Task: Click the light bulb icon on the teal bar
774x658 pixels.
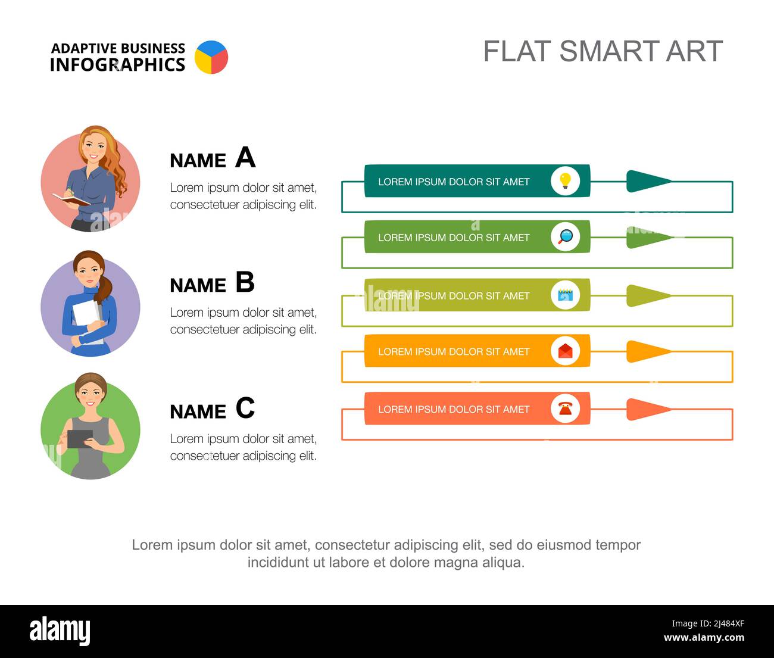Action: [565, 180]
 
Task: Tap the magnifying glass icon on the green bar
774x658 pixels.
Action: [565, 236]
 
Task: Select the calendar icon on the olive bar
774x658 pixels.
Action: [565, 295]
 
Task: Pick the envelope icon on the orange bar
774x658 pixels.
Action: [565, 351]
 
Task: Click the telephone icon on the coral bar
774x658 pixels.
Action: [565, 408]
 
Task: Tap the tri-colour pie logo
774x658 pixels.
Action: [211, 57]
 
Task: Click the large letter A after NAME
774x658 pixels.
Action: [245, 158]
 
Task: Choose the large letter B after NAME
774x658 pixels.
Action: [245, 282]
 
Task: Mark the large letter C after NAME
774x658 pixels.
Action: [245, 408]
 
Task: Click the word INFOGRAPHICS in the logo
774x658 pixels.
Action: [117, 65]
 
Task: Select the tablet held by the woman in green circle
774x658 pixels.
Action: [80, 438]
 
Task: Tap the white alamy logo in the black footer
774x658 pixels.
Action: [60, 631]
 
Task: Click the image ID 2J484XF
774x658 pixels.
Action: [708, 624]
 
